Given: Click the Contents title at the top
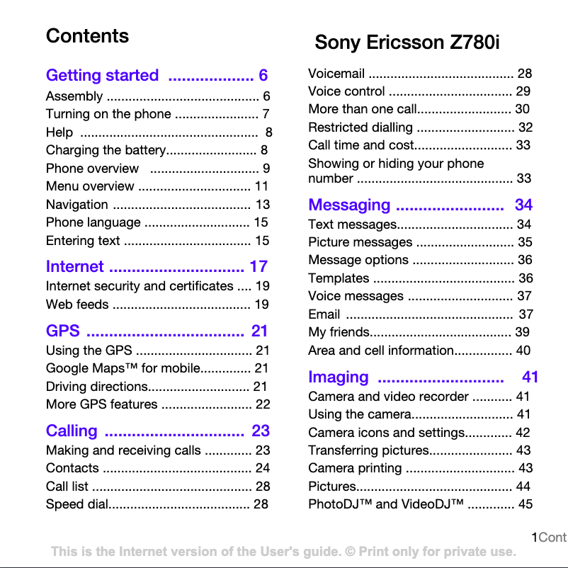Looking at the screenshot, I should (x=87, y=36).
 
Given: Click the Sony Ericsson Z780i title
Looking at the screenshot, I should (x=407, y=42).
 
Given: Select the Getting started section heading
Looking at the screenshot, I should (x=103, y=76).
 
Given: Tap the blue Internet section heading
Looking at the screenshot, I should (x=74, y=267).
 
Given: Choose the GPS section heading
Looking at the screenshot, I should (x=62, y=331).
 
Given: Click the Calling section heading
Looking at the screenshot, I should (x=72, y=431).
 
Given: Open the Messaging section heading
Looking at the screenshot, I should (x=349, y=205).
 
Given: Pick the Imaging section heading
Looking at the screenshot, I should (x=339, y=377).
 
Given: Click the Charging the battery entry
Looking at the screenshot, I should (x=105, y=150).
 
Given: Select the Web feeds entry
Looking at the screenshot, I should (x=77, y=305).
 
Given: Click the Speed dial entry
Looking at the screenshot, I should (x=76, y=504).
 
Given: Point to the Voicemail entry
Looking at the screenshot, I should (x=336, y=74).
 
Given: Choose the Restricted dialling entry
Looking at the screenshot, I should (x=360, y=127).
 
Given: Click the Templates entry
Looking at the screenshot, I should (x=339, y=278).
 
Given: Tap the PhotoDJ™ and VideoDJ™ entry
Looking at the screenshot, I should (x=386, y=504).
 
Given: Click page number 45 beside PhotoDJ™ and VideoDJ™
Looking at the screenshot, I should (x=526, y=504).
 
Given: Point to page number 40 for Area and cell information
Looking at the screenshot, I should (x=523, y=351).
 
